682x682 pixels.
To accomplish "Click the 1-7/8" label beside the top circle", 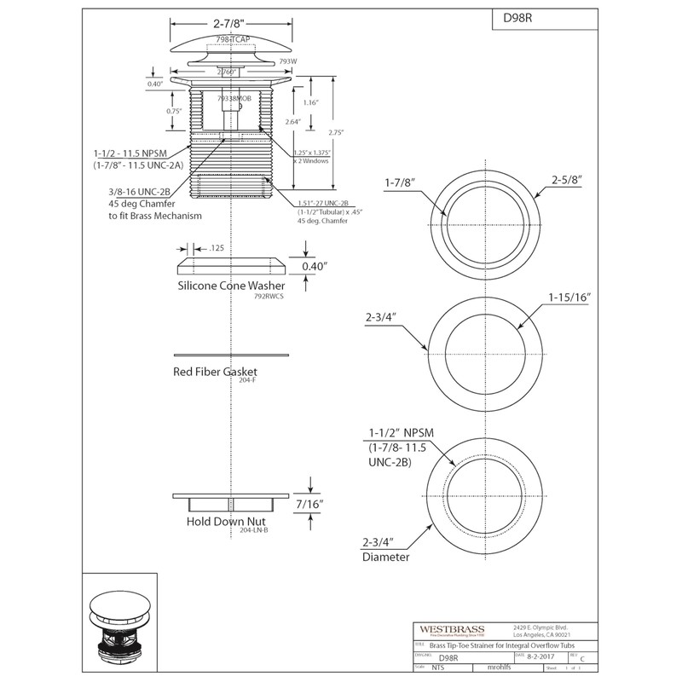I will pos(402,180).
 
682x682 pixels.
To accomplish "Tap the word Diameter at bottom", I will pos(385,558).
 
